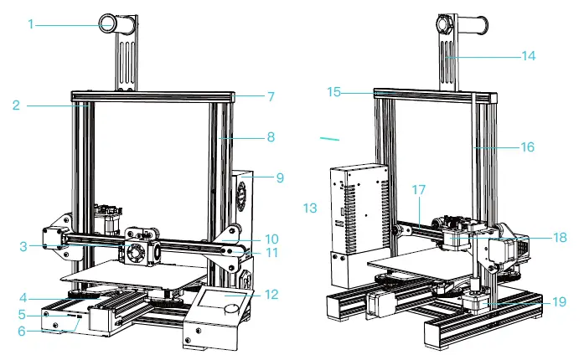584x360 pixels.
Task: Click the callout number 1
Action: pyautogui.click(x=30, y=24)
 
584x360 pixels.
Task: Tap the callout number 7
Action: pyautogui.click(x=271, y=96)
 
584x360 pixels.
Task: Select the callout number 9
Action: pyautogui.click(x=279, y=177)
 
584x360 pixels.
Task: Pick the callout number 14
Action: pyautogui.click(x=527, y=57)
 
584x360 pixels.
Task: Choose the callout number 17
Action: pyautogui.click(x=419, y=191)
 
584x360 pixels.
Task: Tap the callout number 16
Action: pyautogui.click(x=526, y=147)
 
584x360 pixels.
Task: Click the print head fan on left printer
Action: pyautogui.click(x=137, y=254)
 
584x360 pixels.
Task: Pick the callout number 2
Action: pyautogui.click(x=16, y=105)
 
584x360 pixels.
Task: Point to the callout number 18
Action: pyautogui.click(x=537, y=237)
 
